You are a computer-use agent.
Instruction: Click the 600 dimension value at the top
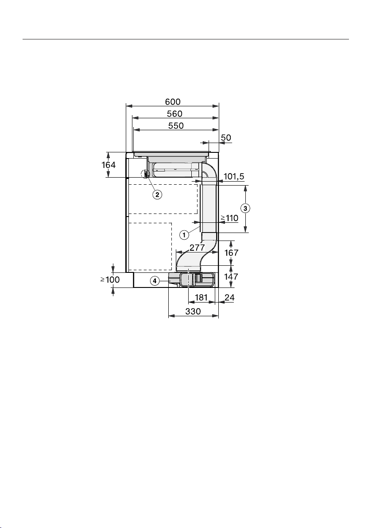173,101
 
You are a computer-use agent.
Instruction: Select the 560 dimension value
175,114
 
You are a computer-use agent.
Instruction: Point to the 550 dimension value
176,126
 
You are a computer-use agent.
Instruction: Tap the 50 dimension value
226,138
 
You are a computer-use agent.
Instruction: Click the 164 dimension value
108,165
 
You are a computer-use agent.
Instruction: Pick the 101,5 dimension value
233,176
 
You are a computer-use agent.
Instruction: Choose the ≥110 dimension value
229,218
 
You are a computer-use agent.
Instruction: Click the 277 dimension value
197,248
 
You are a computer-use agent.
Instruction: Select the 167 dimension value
231,252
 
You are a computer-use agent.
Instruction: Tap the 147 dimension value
231,277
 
